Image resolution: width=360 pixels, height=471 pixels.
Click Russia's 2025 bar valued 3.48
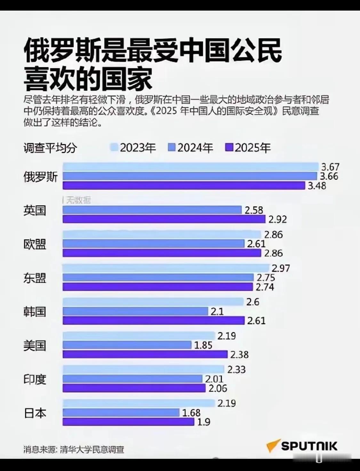point(184,185)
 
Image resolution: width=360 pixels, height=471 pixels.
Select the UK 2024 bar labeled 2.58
point(152,210)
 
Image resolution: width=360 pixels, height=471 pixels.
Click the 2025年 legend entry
point(248,148)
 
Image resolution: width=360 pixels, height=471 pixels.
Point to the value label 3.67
point(330,167)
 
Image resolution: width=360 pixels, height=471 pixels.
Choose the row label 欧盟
point(35,244)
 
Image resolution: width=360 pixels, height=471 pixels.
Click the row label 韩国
point(35,312)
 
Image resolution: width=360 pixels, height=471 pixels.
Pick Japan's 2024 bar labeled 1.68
point(121,413)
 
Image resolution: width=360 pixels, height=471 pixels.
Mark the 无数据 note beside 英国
point(78,200)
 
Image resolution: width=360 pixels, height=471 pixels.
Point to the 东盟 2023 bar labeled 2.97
point(166,268)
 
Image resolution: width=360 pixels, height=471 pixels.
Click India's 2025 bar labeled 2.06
point(134,388)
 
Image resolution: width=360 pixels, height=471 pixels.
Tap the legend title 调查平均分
point(50,148)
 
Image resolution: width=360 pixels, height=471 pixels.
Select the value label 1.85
point(203,345)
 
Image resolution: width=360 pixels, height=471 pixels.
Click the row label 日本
point(35,413)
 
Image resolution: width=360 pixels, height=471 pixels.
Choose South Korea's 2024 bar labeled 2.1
point(135,311)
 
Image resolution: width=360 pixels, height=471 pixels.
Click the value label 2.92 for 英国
point(277,219)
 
